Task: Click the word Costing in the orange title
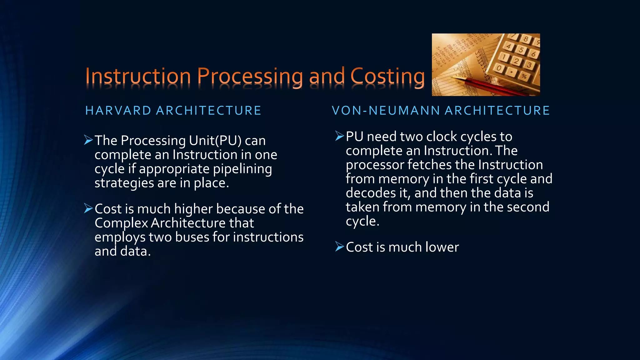pos(387,77)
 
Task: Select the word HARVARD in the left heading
pos(118,111)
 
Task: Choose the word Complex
pos(121,223)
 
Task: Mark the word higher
pos(193,209)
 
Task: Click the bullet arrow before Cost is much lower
pos(339,247)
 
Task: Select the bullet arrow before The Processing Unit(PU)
pos(88,140)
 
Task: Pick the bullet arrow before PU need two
pos(339,136)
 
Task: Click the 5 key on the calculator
pos(520,49)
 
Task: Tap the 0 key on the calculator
pos(500,68)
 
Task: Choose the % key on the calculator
pos(524,76)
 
